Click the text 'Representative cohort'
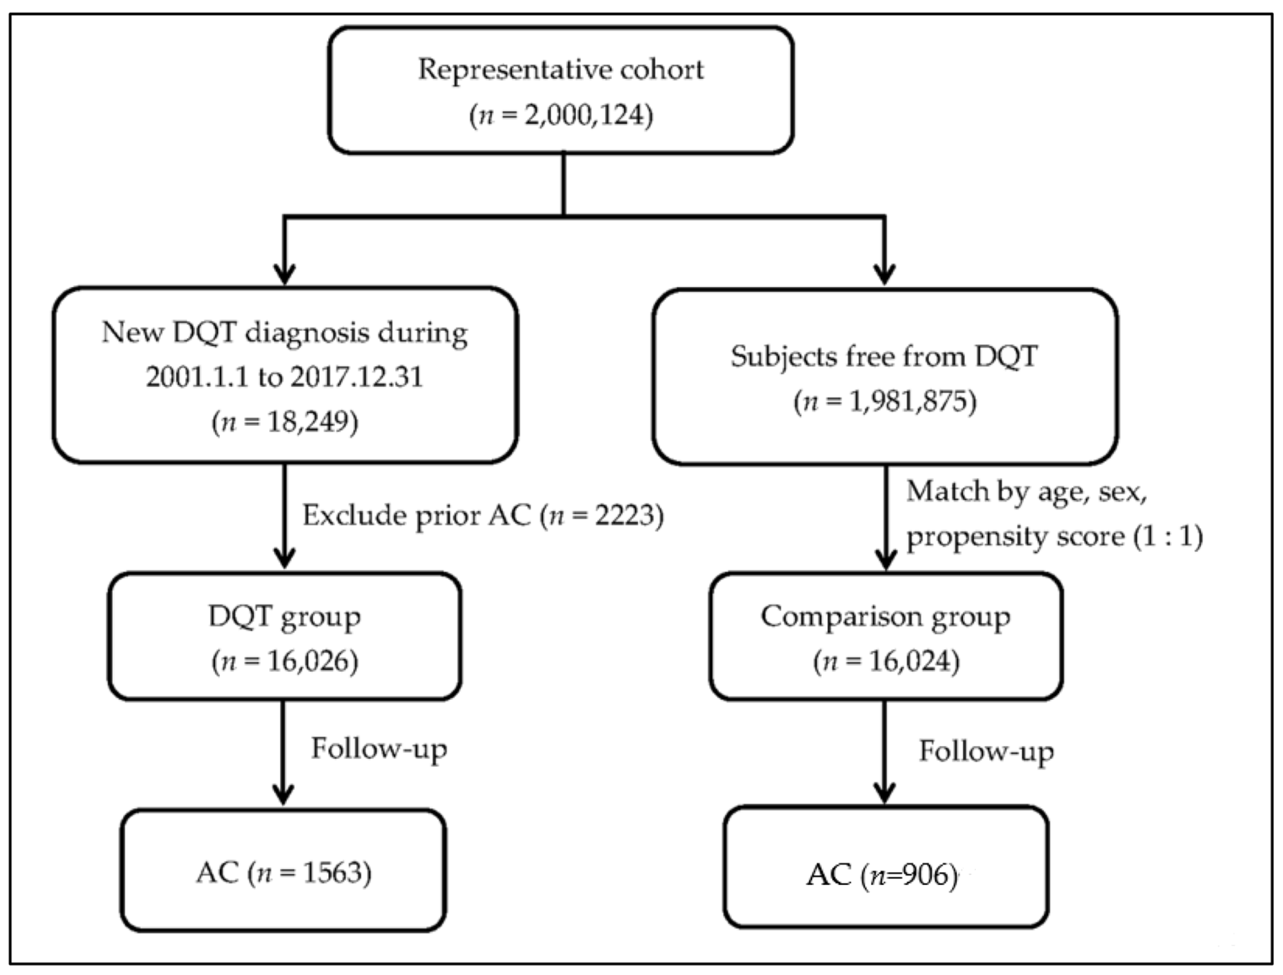pyautogui.click(x=561, y=70)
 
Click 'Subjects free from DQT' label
pyautogui.click(x=884, y=356)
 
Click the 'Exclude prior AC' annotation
pyautogui.click(x=416, y=515)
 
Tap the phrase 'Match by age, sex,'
pyautogui.click(x=1026, y=492)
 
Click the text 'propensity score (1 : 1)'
pyautogui.click(x=1054, y=536)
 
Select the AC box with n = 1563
pyautogui.click(x=283, y=871)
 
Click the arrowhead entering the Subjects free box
pyautogui.click(x=884, y=274)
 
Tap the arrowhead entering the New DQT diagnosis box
pyautogui.click(x=284, y=274)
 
